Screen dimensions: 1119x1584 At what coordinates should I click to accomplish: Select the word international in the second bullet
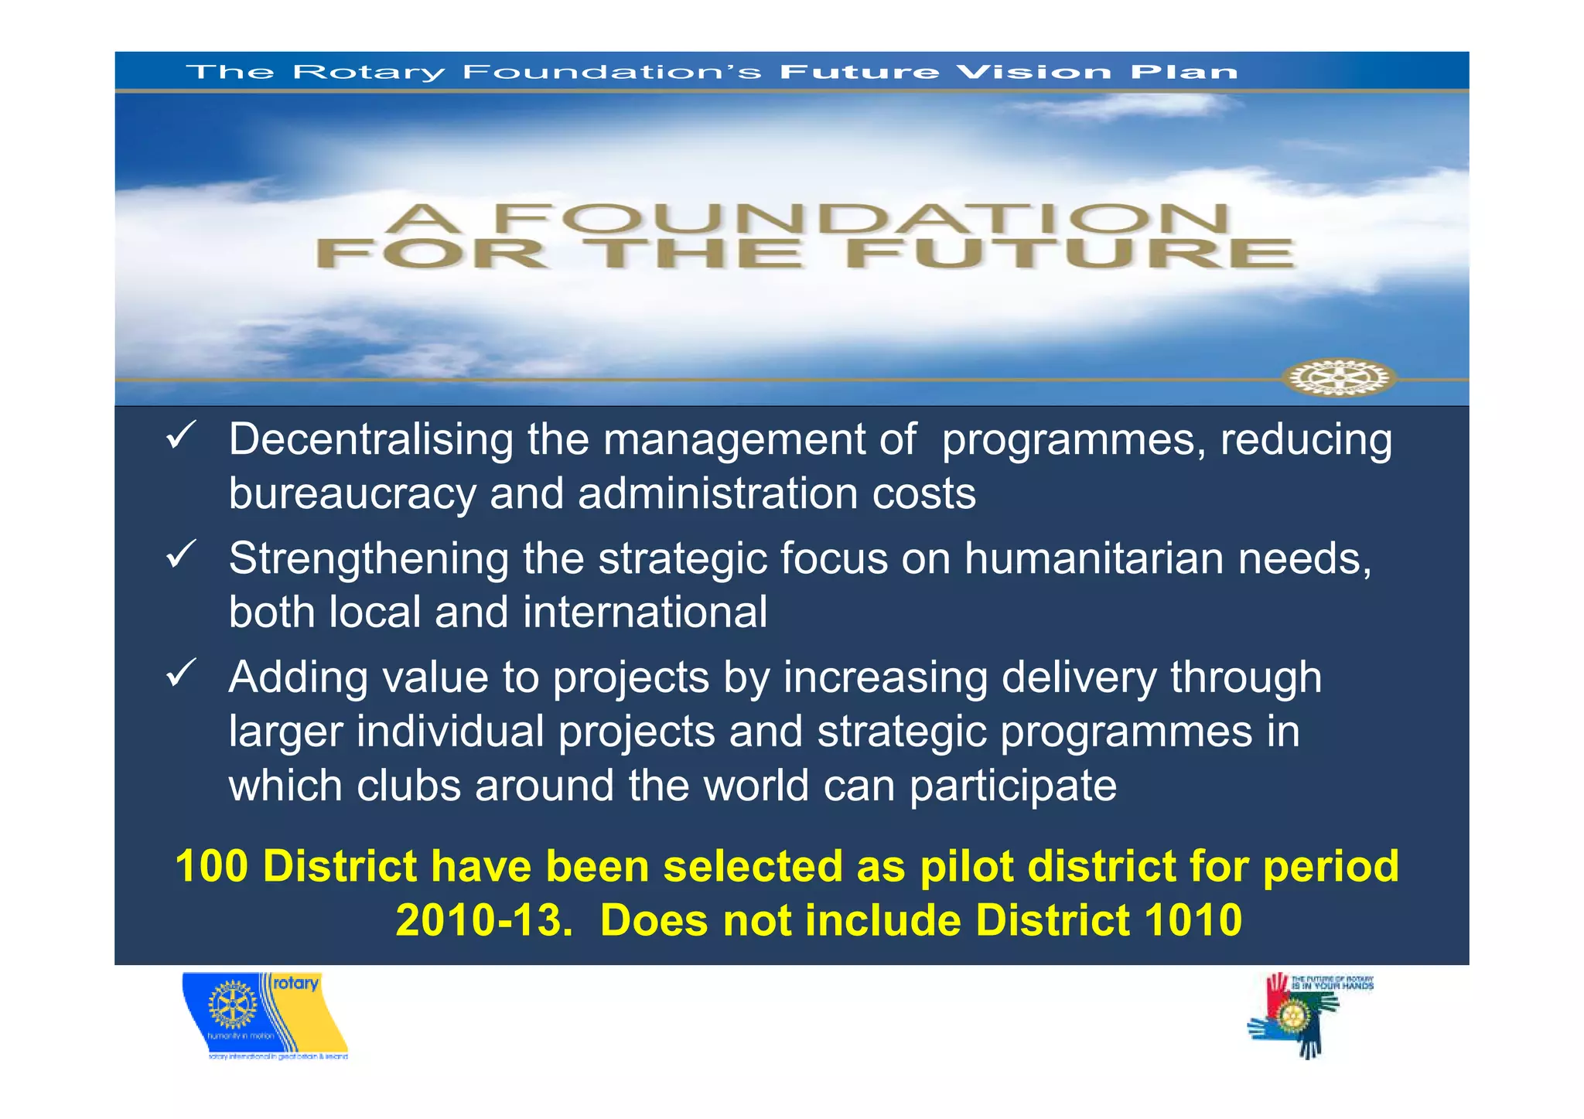click(x=645, y=612)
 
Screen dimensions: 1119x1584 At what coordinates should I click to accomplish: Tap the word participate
click(x=1012, y=786)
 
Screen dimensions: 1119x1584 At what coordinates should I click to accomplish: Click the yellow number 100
click(x=212, y=866)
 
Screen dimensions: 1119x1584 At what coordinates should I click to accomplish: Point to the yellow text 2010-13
click(x=484, y=920)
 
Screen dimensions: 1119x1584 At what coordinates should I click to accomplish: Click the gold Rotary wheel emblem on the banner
click(x=1339, y=378)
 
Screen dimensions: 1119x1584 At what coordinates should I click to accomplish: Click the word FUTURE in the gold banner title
click(x=1069, y=254)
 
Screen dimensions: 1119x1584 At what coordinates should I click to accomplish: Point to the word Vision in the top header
click(x=1033, y=72)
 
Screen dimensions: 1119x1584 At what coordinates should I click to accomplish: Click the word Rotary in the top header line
click(x=369, y=73)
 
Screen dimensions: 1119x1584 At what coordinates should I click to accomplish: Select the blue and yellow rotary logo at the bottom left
click(x=265, y=1015)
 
